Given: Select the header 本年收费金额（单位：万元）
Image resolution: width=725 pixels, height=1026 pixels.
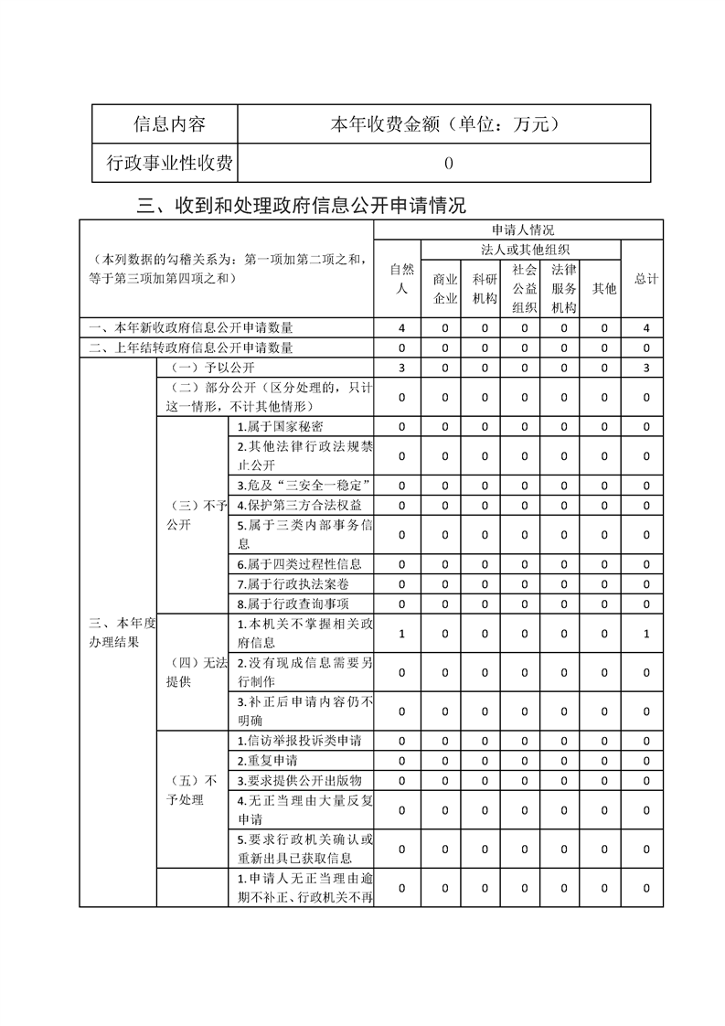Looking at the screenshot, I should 443,125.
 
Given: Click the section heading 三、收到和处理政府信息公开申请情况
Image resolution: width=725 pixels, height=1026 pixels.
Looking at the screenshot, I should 301,204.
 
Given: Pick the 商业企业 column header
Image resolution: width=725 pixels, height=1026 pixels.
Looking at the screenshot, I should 445,288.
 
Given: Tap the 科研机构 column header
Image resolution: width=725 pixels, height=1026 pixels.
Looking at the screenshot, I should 485,288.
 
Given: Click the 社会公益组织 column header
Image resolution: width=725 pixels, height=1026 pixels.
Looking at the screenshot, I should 524,288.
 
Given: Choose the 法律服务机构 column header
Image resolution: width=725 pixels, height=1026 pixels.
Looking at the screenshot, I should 563,288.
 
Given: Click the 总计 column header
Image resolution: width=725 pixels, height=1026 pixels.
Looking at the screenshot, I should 645,278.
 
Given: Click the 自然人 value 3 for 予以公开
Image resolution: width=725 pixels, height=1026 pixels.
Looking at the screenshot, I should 401,368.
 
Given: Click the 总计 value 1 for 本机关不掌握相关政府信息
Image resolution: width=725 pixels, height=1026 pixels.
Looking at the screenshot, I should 645,633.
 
